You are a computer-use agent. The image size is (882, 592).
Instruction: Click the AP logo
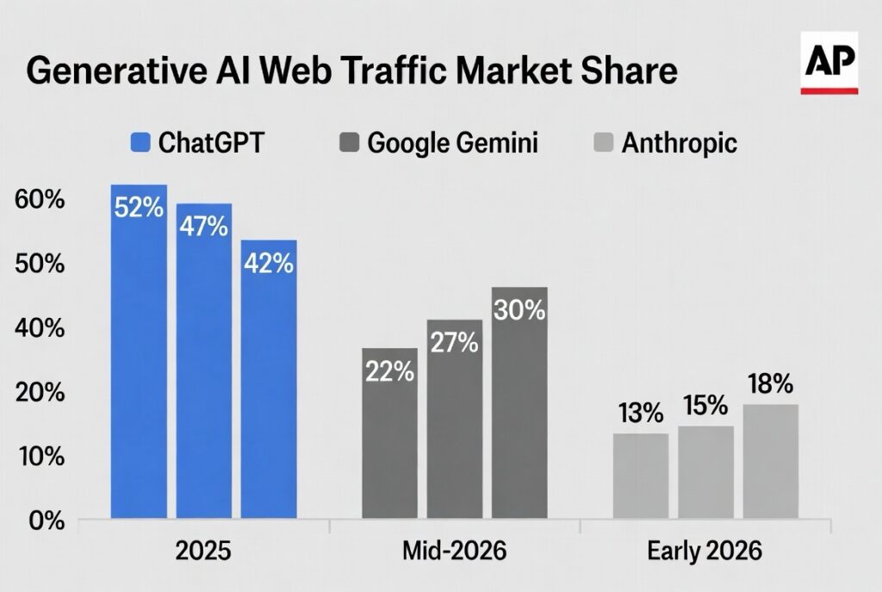tap(829, 62)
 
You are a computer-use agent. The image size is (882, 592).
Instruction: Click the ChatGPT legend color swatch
tap(140, 141)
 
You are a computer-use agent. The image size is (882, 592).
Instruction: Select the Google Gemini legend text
tap(452, 141)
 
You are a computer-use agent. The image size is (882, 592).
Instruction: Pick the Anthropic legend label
tap(679, 141)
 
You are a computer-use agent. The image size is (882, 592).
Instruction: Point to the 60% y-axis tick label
tap(40, 200)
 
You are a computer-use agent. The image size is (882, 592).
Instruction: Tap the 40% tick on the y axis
tap(40, 327)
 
